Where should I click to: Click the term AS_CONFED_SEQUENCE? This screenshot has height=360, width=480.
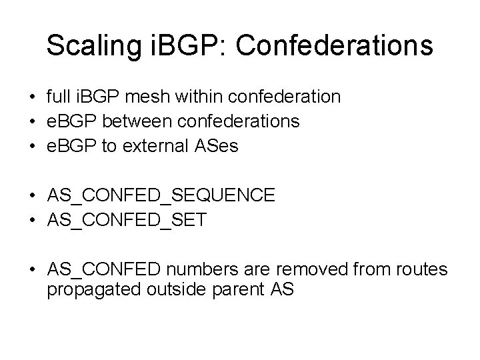coord(161,195)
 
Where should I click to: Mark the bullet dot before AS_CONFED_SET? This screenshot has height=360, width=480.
coord(33,219)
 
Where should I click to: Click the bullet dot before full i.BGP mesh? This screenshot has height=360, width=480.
coord(33,98)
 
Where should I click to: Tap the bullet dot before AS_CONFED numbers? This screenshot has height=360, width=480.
coord(33,269)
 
